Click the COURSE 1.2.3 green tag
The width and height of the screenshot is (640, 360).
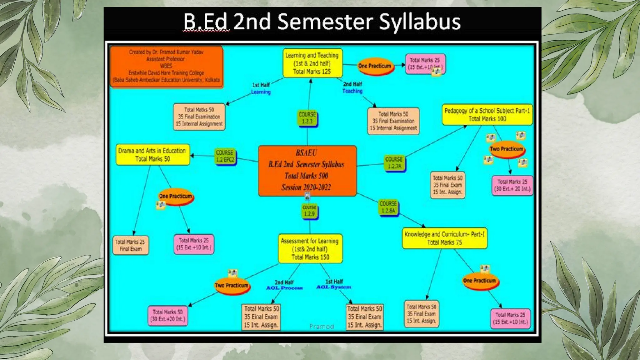point(307,118)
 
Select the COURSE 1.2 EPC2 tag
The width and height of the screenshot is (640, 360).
point(225,156)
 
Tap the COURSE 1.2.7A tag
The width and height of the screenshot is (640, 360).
point(394,163)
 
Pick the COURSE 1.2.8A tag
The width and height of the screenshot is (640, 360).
point(388,207)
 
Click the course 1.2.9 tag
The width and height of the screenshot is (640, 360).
point(309,211)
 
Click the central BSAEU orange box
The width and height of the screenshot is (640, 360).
point(307,171)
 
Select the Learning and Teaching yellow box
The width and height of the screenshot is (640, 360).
point(312,63)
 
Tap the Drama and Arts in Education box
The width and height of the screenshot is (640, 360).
point(152,155)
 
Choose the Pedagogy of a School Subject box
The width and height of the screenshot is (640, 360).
point(487,115)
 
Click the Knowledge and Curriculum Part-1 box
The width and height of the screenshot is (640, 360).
point(444,238)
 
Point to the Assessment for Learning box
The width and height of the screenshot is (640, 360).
point(310,249)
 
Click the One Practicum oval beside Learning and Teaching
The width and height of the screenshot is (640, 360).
point(374,66)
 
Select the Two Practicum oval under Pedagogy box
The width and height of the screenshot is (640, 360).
point(506,149)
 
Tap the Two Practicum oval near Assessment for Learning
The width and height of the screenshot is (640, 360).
point(232,286)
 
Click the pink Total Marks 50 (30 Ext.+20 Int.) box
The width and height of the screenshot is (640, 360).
point(167,316)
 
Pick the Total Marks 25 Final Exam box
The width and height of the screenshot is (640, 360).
point(130,245)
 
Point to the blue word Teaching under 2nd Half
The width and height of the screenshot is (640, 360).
point(352,91)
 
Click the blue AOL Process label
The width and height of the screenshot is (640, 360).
point(284,288)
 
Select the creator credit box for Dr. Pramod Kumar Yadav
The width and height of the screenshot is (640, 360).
point(166,66)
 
